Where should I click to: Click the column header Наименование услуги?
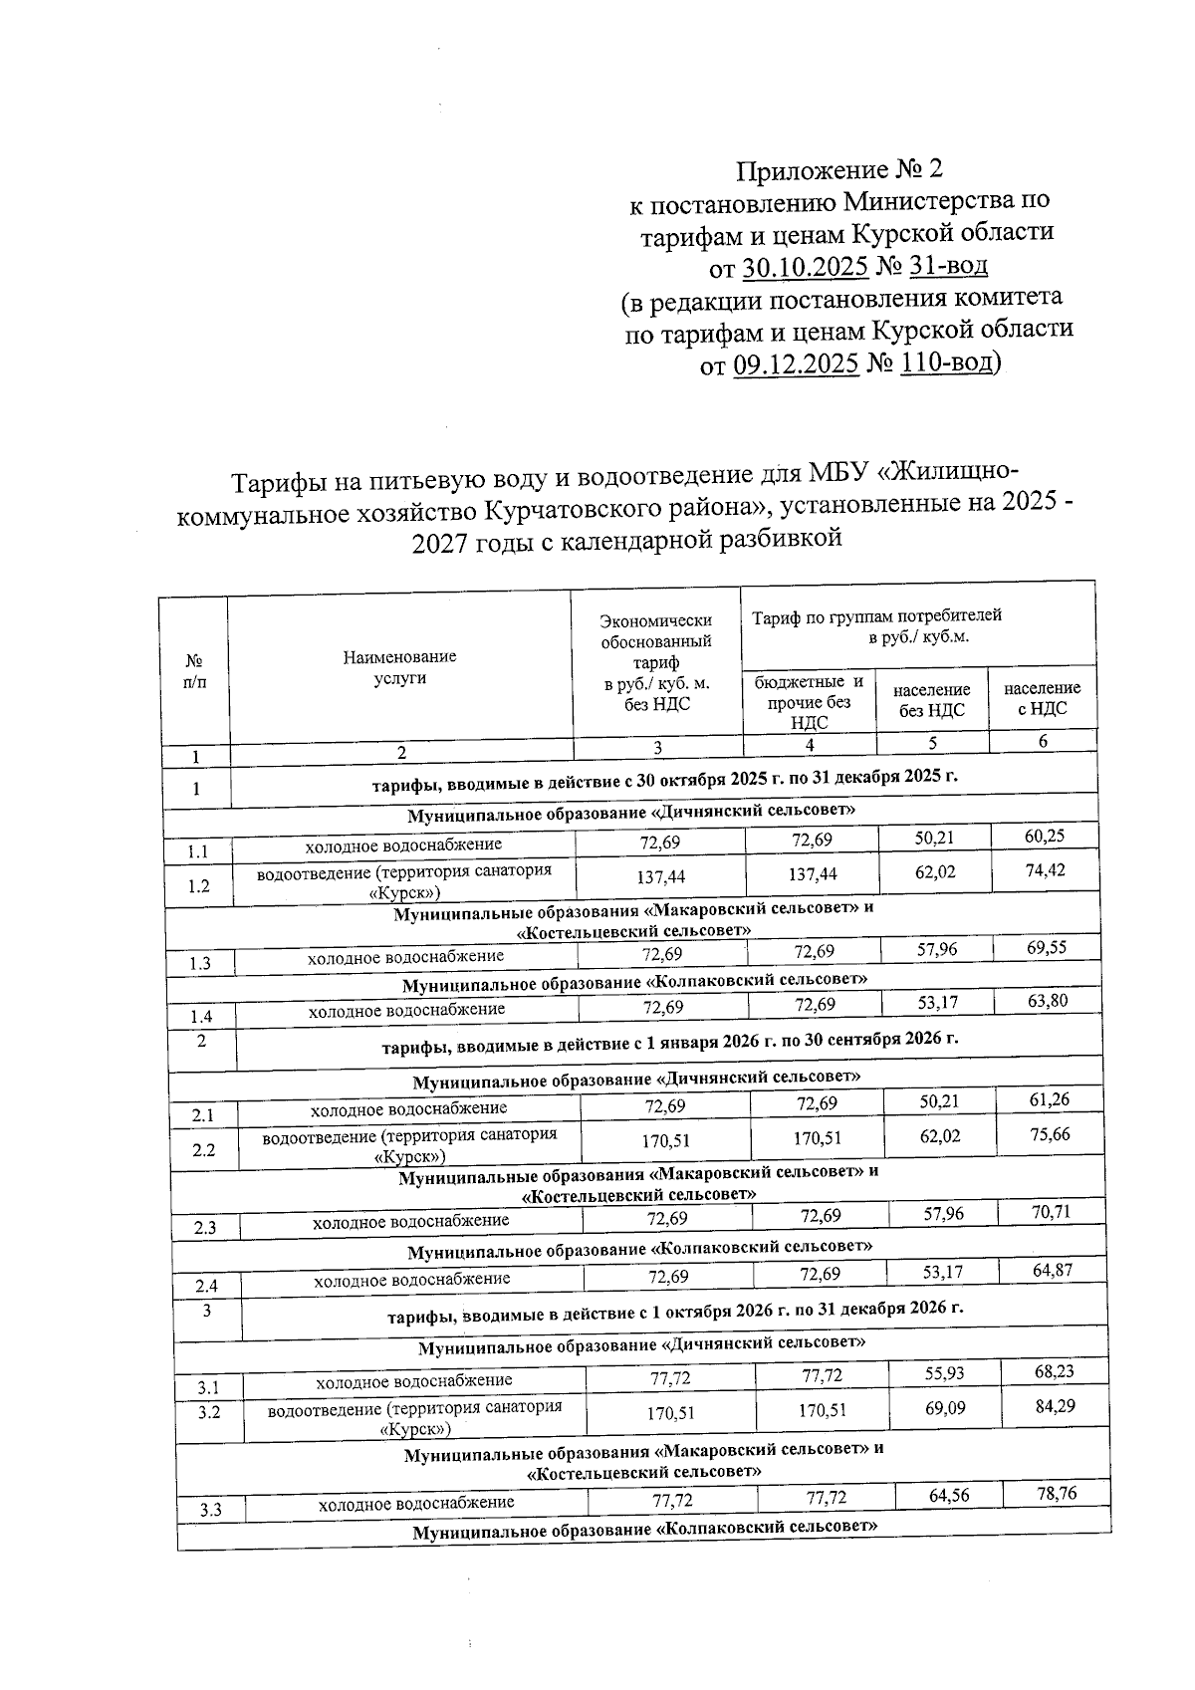[x=399, y=667]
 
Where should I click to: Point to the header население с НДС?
[x=1042, y=698]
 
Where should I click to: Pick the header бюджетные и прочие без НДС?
[x=809, y=702]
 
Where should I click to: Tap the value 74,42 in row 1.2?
[x=1045, y=870]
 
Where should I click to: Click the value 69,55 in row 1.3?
[x=1047, y=947]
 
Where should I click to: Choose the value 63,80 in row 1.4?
[x=1048, y=1000]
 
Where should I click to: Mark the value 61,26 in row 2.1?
[x=1051, y=1099]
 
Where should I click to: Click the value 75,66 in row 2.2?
[x=1051, y=1134]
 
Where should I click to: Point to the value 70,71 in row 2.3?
[x=1052, y=1211]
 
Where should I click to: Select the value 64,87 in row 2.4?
[x=1053, y=1271]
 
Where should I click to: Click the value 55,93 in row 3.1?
[x=943, y=1372]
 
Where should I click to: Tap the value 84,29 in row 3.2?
[x=1055, y=1406]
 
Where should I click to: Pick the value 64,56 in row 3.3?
[x=947, y=1496]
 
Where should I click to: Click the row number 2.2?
[x=204, y=1149]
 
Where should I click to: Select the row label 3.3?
[x=209, y=1510]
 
